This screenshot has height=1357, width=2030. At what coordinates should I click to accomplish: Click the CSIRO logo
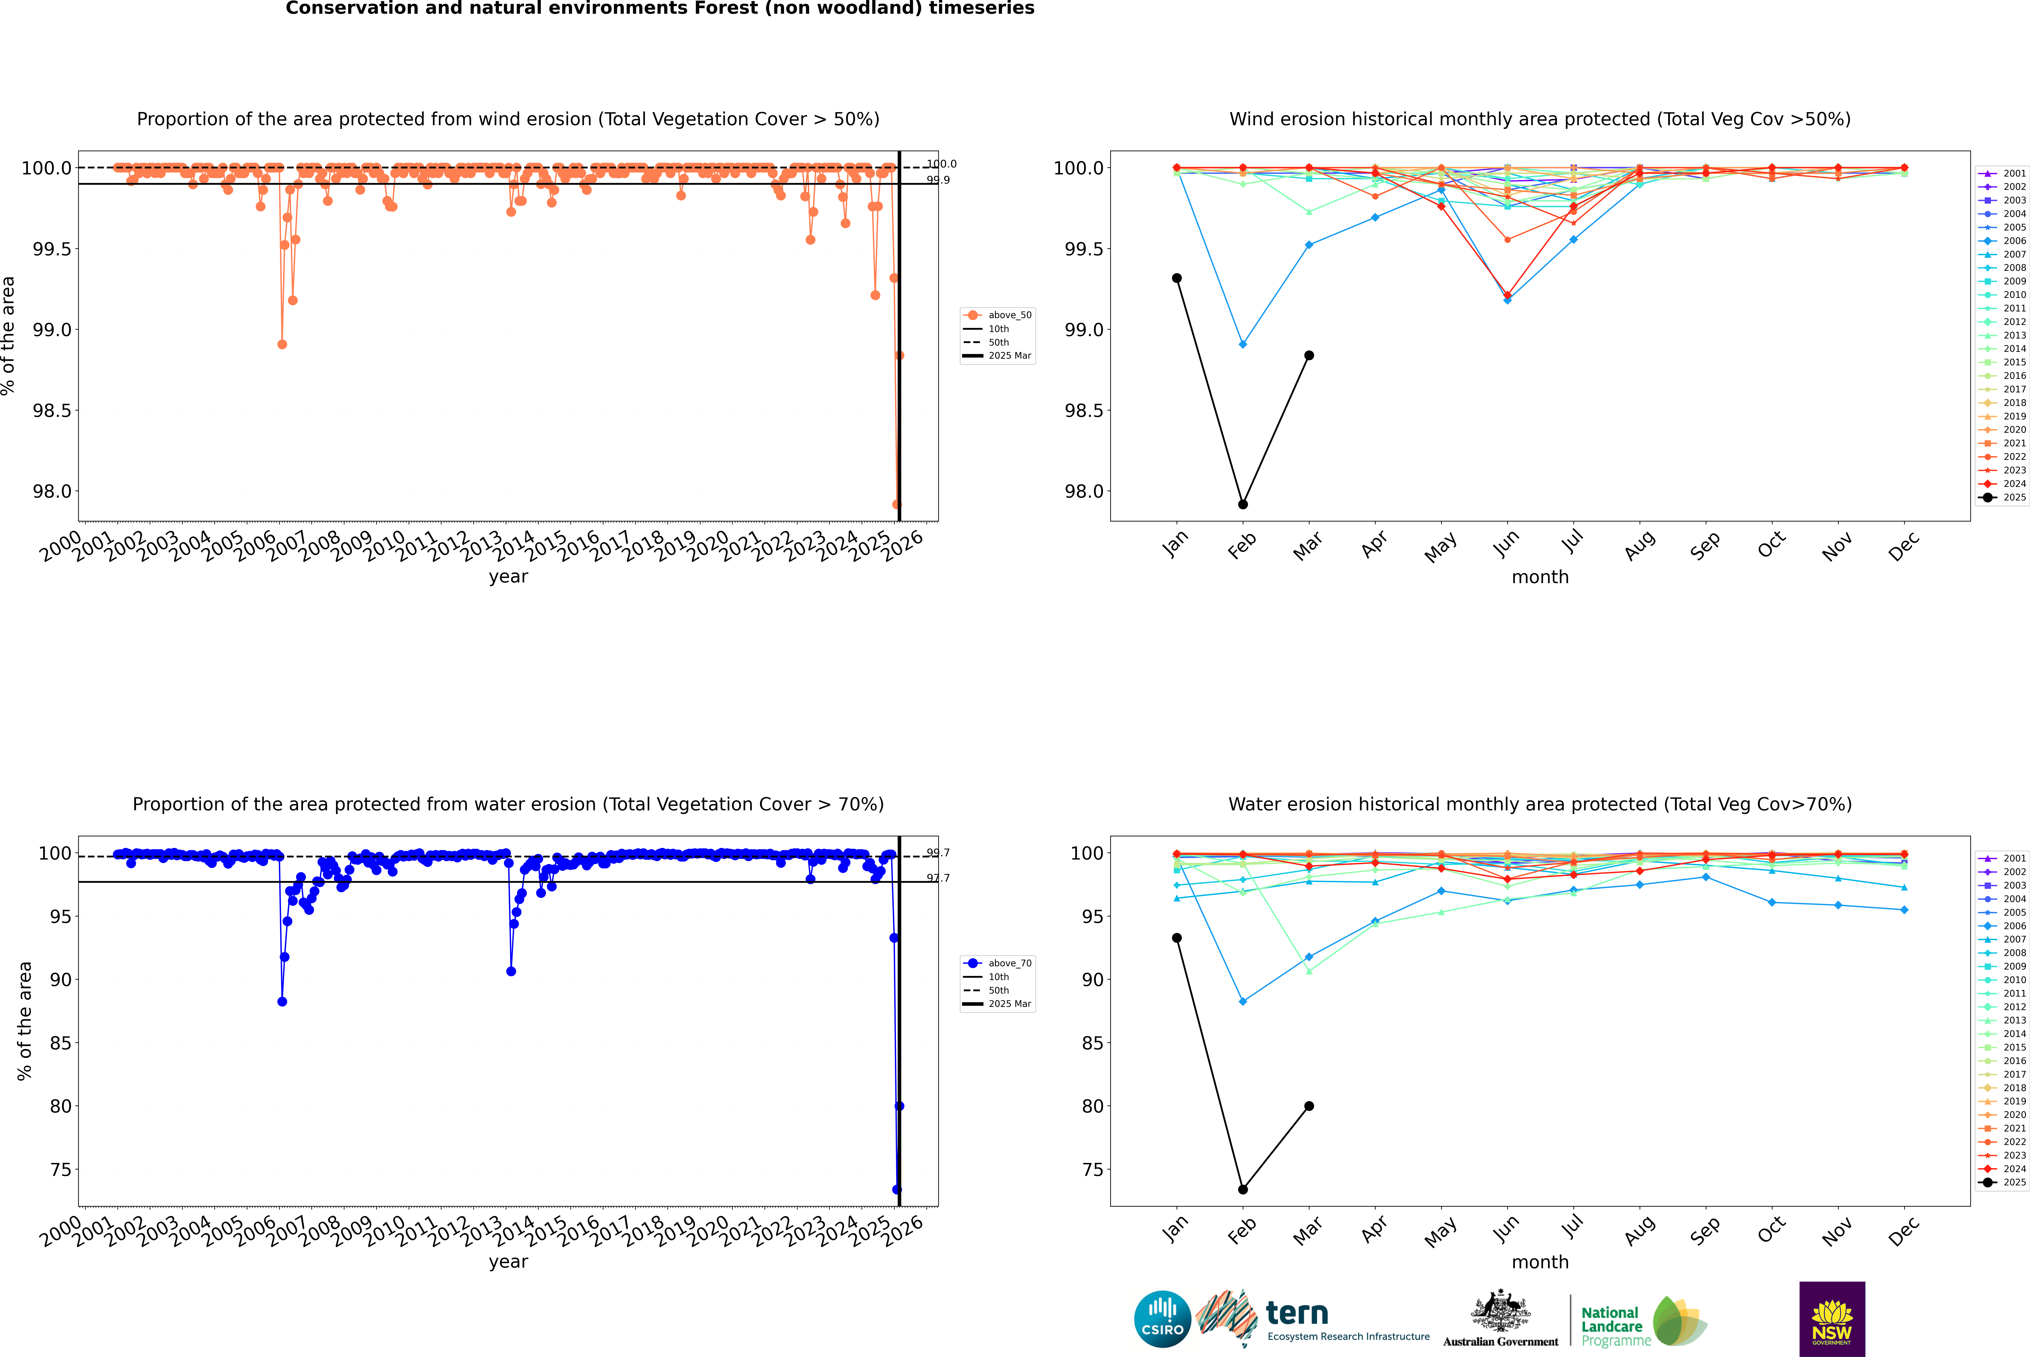pyautogui.click(x=1162, y=1319)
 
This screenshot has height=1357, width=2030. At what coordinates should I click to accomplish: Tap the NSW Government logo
pyautogui.click(x=1832, y=1319)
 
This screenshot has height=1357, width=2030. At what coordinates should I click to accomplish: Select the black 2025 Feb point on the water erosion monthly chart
pyautogui.click(x=1243, y=1189)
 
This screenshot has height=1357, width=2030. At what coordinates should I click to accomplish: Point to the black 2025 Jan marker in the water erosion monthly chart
pyautogui.click(x=1177, y=938)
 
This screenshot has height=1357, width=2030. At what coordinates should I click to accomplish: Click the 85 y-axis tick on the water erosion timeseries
pyautogui.click(x=61, y=1043)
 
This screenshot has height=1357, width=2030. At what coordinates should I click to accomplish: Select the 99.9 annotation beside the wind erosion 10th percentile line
pyautogui.click(x=938, y=180)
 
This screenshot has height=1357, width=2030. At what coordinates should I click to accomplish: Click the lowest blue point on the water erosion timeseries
pyautogui.click(x=896, y=1189)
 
